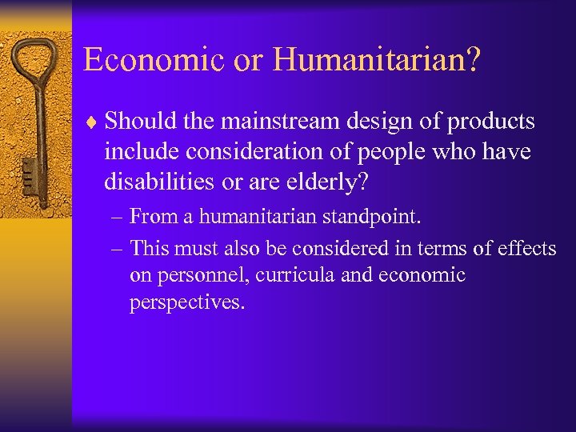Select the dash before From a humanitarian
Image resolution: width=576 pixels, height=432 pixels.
tap(118, 217)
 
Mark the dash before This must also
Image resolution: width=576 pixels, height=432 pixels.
tap(118, 249)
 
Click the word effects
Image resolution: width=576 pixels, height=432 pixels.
tap(526, 249)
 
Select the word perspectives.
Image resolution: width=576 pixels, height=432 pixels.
tap(187, 303)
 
